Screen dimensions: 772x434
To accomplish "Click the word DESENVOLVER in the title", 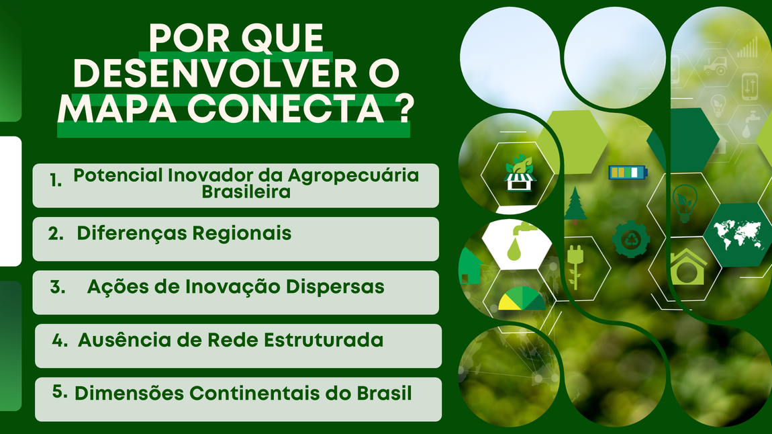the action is pyautogui.click(x=215, y=74).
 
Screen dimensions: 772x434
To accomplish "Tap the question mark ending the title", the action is pyautogui.click(x=404, y=108).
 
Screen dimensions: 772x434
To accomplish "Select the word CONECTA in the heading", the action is pyautogui.click(x=285, y=108).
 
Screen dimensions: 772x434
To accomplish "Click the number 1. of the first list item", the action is pyautogui.click(x=56, y=180).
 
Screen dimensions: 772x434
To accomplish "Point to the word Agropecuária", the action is pyautogui.click(x=353, y=176).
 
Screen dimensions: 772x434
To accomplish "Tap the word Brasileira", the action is pyautogui.click(x=246, y=191).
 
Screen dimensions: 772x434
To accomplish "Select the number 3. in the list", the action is pyautogui.click(x=58, y=287).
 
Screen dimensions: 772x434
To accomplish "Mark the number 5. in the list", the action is pyautogui.click(x=60, y=392).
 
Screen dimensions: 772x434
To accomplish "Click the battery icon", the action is pyautogui.click(x=628, y=173).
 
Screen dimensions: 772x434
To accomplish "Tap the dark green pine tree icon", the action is pyautogui.click(x=575, y=205).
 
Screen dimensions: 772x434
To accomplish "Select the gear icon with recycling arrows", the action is pyautogui.click(x=631, y=239).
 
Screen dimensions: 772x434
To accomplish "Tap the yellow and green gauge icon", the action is pyautogui.click(x=522, y=298).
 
